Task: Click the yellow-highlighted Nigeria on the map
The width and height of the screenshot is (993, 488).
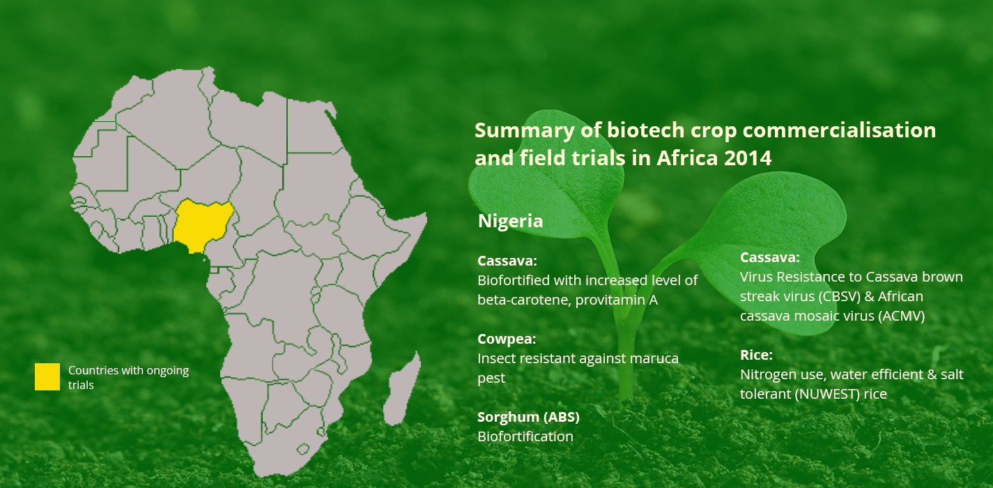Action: [x=201, y=224]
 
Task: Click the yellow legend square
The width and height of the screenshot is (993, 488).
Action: [x=47, y=376]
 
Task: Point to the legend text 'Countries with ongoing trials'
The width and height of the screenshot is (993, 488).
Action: [x=128, y=378]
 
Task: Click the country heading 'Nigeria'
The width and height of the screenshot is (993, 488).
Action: [x=510, y=221]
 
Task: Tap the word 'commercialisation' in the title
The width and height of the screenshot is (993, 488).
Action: [x=839, y=130]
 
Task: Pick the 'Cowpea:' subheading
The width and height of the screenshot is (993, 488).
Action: [x=507, y=339]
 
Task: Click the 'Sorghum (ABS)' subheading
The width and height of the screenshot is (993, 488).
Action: [x=528, y=417]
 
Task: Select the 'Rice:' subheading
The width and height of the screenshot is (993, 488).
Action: [x=756, y=355]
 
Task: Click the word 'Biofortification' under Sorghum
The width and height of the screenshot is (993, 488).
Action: [x=525, y=436]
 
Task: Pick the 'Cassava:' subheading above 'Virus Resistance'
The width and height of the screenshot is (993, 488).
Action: [x=770, y=257]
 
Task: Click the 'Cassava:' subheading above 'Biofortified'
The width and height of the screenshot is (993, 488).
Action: [x=507, y=261]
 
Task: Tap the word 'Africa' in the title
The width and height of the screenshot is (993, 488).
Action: [x=686, y=158]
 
